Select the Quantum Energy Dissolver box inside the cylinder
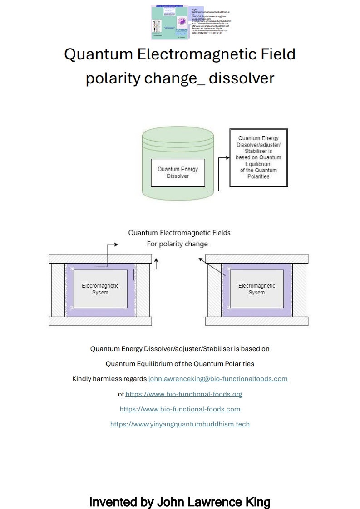pos(178,173)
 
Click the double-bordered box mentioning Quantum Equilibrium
pos(258,157)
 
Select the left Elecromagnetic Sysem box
pos(100,289)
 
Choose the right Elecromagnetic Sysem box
pos(256,289)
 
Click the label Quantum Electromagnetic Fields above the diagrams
pos(179,233)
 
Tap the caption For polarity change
pos(177,244)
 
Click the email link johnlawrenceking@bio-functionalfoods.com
pos(218,379)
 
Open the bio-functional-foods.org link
pos(183,394)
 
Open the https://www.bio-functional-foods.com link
pos(180,409)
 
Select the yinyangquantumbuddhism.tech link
pos(180,424)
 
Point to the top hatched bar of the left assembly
pos(100,259)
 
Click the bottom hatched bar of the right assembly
pos(256,321)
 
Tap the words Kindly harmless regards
pos(109,379)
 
